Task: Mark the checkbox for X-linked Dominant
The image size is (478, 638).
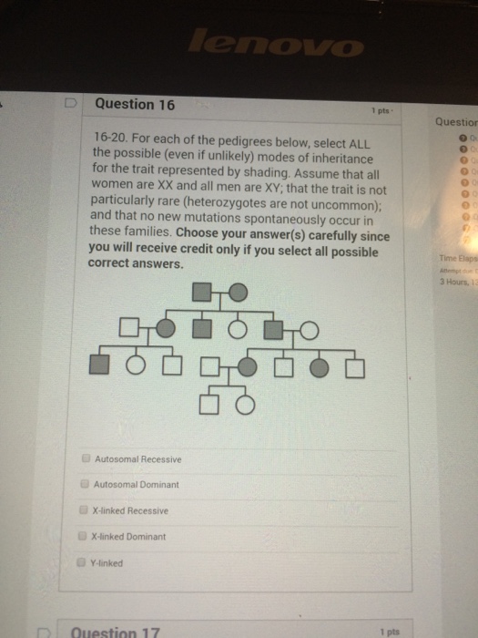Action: click(85, 537)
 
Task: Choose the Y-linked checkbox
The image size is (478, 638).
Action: click(85, 562)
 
